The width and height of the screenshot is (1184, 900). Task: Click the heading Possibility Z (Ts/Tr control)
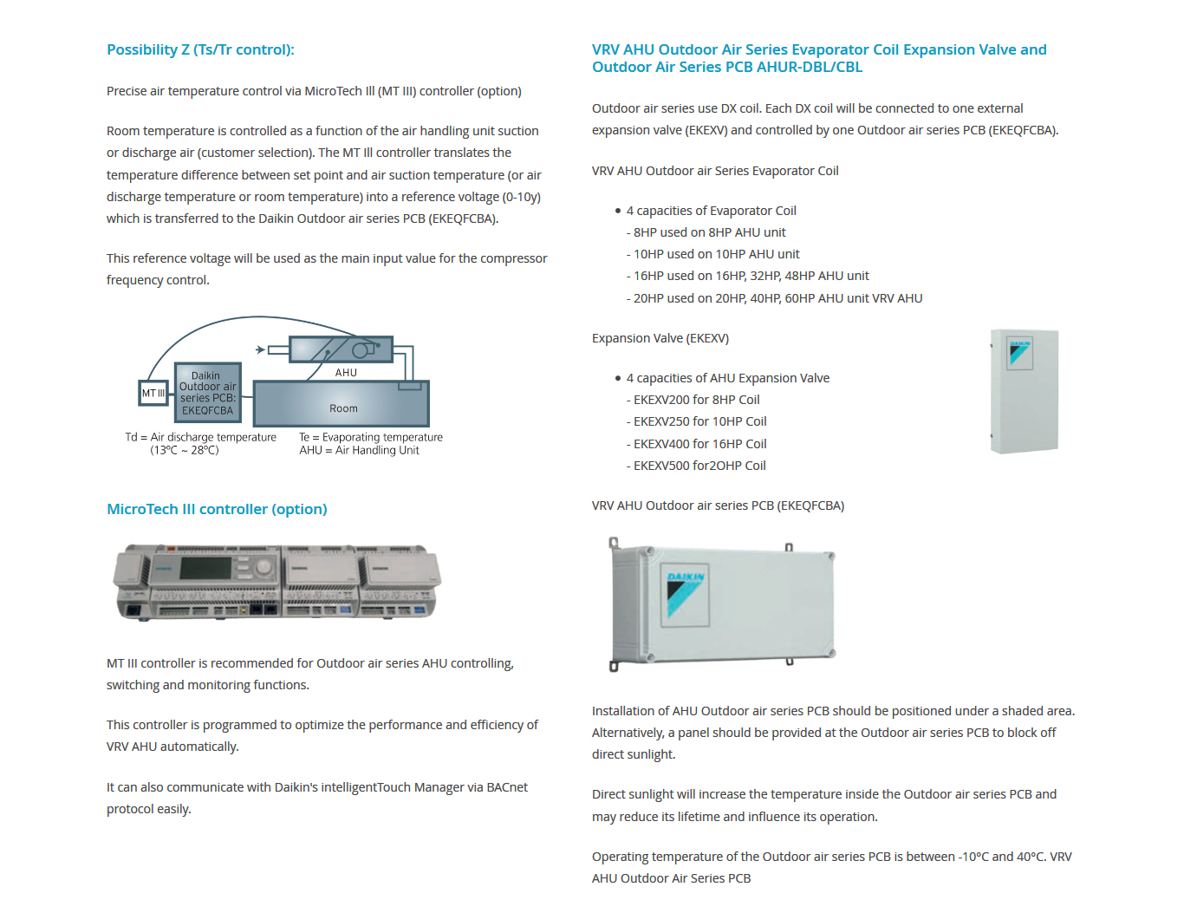click(200, 50)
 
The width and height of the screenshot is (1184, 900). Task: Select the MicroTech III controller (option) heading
click(217, 510)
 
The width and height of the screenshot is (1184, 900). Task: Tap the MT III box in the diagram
click(153, 394)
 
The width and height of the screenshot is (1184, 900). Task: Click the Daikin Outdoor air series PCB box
click(207, 393)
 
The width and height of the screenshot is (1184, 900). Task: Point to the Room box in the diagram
click(342, 408)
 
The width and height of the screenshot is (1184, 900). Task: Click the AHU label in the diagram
click(346, 373)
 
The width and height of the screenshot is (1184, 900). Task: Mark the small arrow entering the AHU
click(260, 349)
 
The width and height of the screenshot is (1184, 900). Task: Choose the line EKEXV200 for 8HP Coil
click(696, 400)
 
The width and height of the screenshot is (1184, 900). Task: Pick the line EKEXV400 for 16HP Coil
click(699, 444)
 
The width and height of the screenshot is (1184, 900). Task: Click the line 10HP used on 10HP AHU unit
click(716, 254)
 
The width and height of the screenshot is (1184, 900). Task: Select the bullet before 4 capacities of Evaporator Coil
click(618, 211)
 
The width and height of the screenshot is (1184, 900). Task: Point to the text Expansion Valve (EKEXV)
click(660, 338)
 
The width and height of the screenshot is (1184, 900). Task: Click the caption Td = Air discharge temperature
click(200, 437)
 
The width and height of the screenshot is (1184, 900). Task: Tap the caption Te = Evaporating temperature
click(371, 437)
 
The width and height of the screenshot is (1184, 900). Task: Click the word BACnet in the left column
click(507, 787)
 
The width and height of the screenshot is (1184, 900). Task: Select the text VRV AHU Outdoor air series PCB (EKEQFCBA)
click(718, 505)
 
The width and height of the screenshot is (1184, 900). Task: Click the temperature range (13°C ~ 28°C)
click(185, 450)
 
